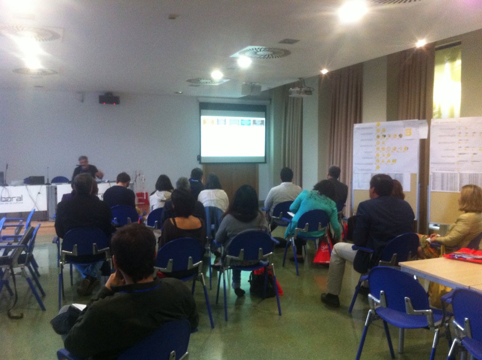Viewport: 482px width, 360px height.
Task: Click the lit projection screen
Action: point(233,136)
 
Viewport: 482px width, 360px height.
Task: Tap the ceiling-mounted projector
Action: point(300,91)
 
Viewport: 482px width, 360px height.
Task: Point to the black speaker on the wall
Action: point(109,99)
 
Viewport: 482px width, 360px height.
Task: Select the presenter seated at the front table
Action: point(85,168)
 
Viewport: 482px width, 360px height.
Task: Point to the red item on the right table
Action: point(464,255)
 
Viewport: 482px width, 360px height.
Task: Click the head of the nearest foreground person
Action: point(134,249)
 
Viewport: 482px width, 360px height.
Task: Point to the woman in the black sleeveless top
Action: point(183,221)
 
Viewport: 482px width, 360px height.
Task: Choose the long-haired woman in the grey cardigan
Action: point(242,216)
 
